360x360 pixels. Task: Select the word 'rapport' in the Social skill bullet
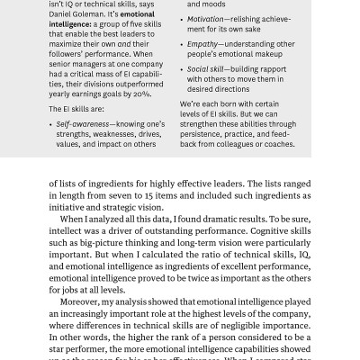pos(273,68)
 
